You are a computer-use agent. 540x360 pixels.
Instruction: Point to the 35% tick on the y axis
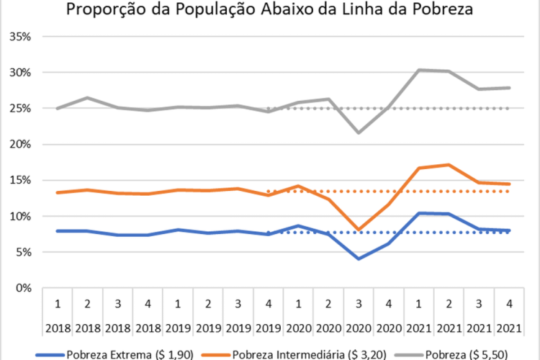click(x=21, y=36)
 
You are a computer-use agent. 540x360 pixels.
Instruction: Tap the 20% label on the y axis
click(x=21, y=144)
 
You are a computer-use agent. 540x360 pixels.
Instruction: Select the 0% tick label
click(x=24, y=288)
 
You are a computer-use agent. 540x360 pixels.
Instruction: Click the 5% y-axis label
click(x=24, y=252)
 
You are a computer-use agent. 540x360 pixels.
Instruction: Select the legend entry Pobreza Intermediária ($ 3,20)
click(x=292, y=354)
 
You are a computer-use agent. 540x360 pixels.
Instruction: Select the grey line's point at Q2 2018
click(x=86, y=98)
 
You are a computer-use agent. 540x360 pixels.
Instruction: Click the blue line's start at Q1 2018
click(x=57, y=231)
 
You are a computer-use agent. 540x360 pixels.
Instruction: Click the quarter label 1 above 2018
click(x=57, y=302)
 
